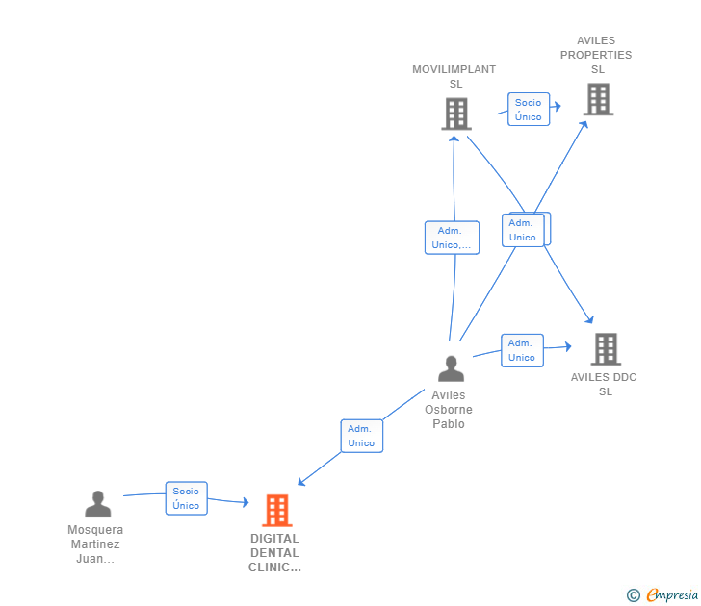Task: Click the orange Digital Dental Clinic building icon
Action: tap(277, 511)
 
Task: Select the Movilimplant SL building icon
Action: tap(456, 114)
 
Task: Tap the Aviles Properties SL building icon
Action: tap(598, 99)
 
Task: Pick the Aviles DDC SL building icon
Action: tap(606, 349)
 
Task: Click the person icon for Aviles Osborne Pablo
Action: tap(451, 368)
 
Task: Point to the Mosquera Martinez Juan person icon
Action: tap(98, 503)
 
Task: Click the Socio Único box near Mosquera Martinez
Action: tap(187, 498)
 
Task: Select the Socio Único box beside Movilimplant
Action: tap(529, 110)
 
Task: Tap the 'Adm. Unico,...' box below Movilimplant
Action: tap(452, 238)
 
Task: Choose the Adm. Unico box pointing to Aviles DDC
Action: tap(522, 350)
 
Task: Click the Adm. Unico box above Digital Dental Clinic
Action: tap(362, 436)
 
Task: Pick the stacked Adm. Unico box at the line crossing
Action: tap(523, 230)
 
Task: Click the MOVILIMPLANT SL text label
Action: tap(454, 76)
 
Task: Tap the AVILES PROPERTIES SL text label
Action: tap(596, 55)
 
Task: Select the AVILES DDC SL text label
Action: tap(604, 384)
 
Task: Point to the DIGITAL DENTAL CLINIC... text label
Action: tap(274, 553)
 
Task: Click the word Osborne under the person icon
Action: tap(449, 410)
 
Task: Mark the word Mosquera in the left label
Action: tap(95, 530)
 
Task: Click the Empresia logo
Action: tap(662, 594)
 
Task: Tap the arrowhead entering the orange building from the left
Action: tap(246, 502)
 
